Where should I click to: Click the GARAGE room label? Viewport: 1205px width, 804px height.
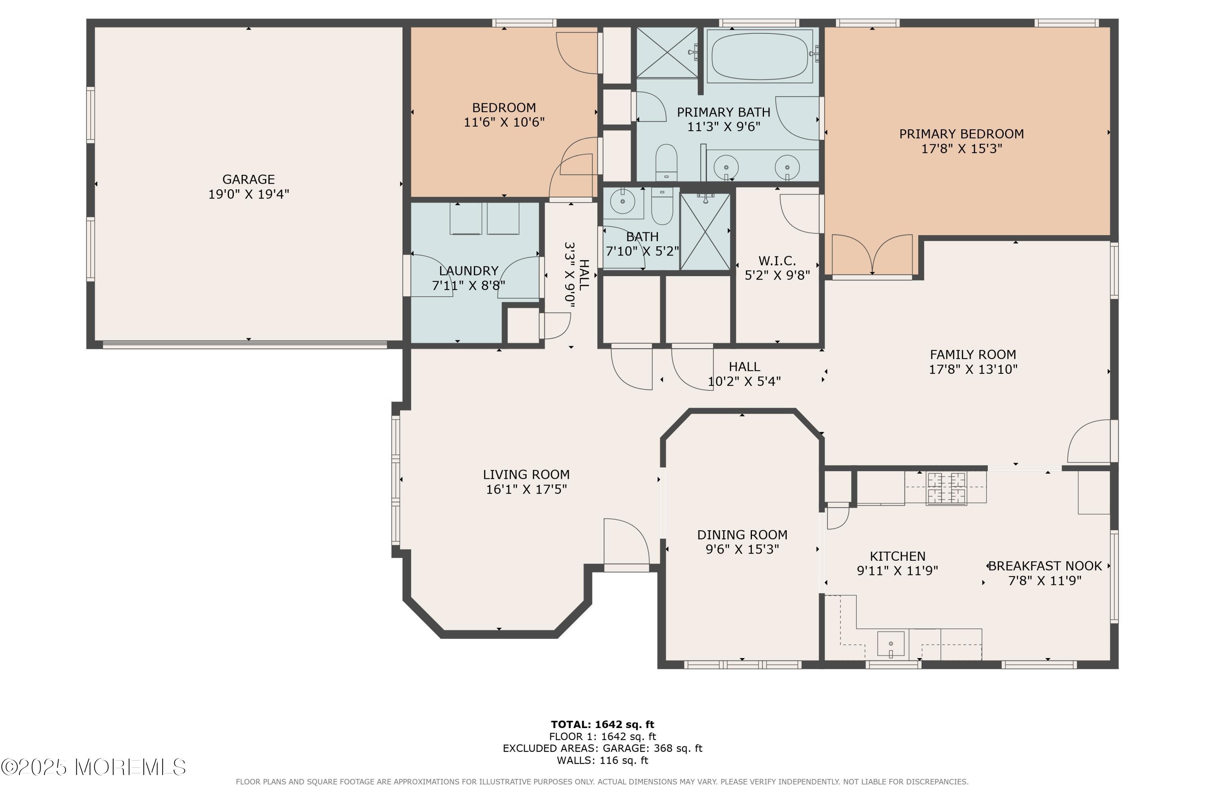(x=249, y=179)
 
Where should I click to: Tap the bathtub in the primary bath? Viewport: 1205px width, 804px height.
(x=759, y=56)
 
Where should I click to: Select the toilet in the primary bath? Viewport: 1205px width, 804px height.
(x=666, y=162)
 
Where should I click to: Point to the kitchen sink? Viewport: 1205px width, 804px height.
(x=891, y=644)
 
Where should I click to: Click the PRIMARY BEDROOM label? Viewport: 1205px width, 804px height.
(x=961, y=134)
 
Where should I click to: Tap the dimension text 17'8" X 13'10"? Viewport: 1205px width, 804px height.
(x=973, y=369)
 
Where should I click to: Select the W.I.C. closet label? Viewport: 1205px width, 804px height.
(x=777, y=260)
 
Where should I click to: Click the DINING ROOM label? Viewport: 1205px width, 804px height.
(x=742, y=535)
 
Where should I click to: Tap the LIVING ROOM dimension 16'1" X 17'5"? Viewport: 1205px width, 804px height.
(x=526, y=489)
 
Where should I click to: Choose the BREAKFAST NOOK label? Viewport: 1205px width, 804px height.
(x=1045, y=566)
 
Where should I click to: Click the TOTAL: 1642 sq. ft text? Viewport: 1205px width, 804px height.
(x=602, y=724)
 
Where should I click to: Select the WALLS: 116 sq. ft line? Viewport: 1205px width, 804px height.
(x=602, y=761)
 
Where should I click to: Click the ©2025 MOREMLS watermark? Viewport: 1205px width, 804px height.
(x=93, y=767)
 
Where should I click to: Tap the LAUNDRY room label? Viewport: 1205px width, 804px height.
(x=469, y=271)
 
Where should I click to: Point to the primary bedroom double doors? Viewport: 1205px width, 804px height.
(x=872, y=255)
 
